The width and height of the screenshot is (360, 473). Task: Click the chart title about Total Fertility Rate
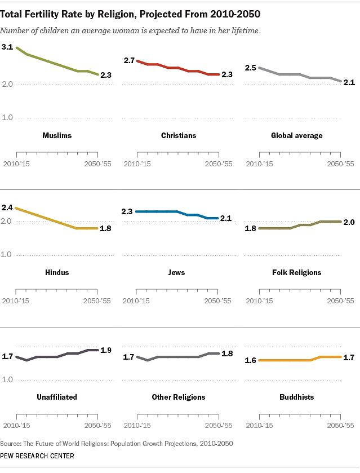pyautogui.click(x=134, y=11)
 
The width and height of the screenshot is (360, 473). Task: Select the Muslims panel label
pyautogui.click(x=57, y=136)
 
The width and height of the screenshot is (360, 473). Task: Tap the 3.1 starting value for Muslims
pyautogui.click(x=7, y=48)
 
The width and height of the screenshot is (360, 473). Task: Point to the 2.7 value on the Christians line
pyautogui.click(x=129, y=60)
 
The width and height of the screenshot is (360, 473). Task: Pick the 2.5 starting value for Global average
pyautogui.click(x=250, y=68)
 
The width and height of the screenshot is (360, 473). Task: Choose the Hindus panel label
pyautogui.click(x=56, y=272)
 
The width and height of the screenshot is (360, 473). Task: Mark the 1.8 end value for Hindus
pyautogui.click(x=106, y=228)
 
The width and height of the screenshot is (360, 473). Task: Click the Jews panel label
pyautogui.click(x=177, y=272)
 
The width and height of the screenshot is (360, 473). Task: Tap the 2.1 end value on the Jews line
pyautogui.click(x=226, y=218)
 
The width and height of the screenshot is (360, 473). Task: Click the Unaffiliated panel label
pyautogui.click(x=56, y=397)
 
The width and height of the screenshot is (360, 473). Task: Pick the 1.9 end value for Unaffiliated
pyautogui.click(x=106, y=350)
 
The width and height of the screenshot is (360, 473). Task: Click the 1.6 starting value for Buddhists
pyautogui.click(x=250, y=360)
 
